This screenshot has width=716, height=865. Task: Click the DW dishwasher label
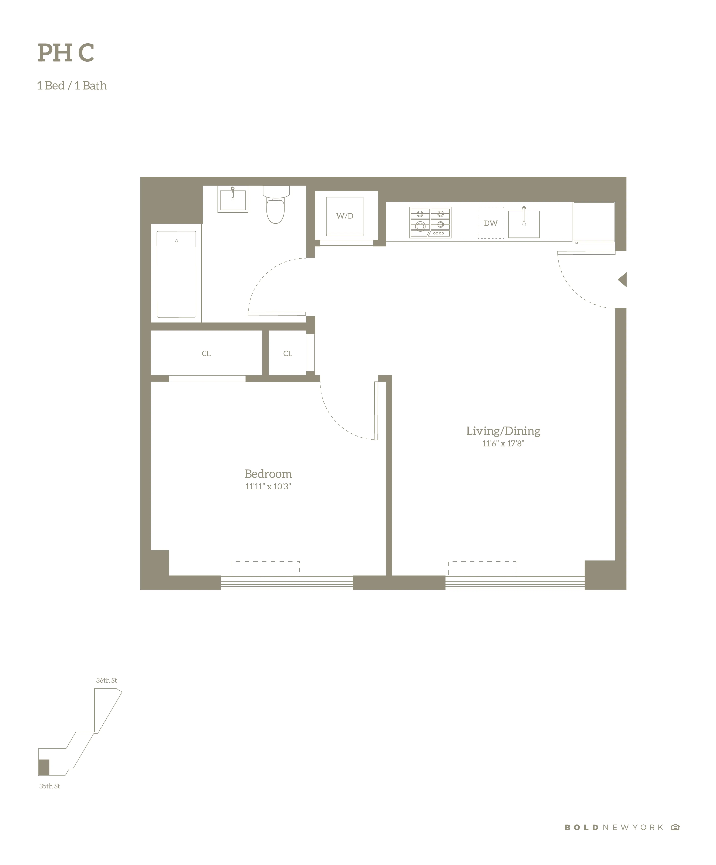[x=490, y=223]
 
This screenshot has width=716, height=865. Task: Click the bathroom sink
[x=233, y=200]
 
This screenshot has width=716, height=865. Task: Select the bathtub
[x=176, y=274]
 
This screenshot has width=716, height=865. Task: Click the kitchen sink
[x=524, y=224]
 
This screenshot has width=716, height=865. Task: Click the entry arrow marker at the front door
[x=623, y=280]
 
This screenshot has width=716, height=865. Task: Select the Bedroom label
[x=268, y=474]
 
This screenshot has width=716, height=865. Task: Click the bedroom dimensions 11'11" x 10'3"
[x=268, y=486]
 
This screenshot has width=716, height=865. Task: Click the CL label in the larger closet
[x=206, y=353]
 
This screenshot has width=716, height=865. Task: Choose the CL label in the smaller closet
[x=288, y=353]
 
